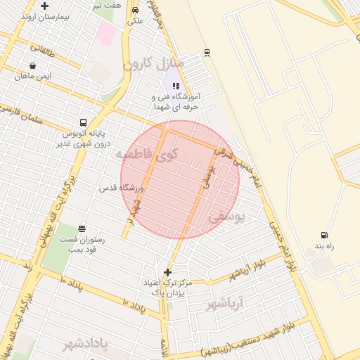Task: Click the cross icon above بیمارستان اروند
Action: pos(45,6)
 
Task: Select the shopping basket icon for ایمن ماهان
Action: pos(32,65)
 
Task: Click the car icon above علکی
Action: pos(135,11)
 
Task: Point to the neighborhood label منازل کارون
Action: pos(153,64)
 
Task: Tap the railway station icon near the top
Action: pos(207,53)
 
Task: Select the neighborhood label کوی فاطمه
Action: pos(147,153)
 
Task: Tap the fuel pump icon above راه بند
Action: pos(323,235)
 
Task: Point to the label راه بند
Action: pos(323,245)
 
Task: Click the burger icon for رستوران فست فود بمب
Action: pos(82,229)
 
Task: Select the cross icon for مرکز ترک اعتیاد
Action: pos(167,272)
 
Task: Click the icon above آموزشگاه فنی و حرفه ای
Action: pos(176,86)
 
